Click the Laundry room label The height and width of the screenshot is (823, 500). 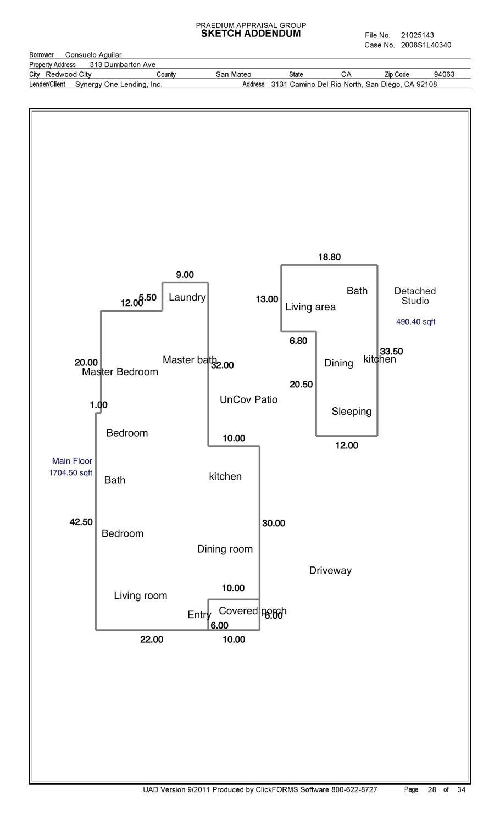tap(187, 297)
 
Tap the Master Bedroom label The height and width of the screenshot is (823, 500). tap(120, 372)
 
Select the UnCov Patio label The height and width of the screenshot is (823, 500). tap(248, 399)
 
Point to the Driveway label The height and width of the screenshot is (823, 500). tap(330, 570)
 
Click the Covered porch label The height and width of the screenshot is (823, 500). tap(252, 611)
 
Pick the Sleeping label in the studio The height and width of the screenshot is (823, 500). tap(351, 411)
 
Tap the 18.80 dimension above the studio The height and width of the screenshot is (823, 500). tap(329, 257)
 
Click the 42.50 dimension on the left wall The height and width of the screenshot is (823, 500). tap(81, 522)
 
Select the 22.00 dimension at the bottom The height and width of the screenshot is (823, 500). tap(151, 640)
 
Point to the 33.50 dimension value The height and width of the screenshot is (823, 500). tap(391, 351)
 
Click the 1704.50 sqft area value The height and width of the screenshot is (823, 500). tap(70, 472)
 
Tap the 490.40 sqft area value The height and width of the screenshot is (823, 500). tap(415, 322)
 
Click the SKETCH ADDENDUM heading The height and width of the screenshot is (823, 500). tap(251, 34)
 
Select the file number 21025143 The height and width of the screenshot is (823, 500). tap(417, 35)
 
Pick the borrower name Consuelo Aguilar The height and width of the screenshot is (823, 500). tap(93, 55)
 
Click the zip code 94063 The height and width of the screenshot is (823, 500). tap(444, 74)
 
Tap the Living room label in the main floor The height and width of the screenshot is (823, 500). tap(140, 596)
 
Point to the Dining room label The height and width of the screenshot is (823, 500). tap(225, 549)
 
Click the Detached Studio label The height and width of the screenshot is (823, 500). tap(415, 296)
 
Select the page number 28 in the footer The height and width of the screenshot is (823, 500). tap(432, 790)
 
